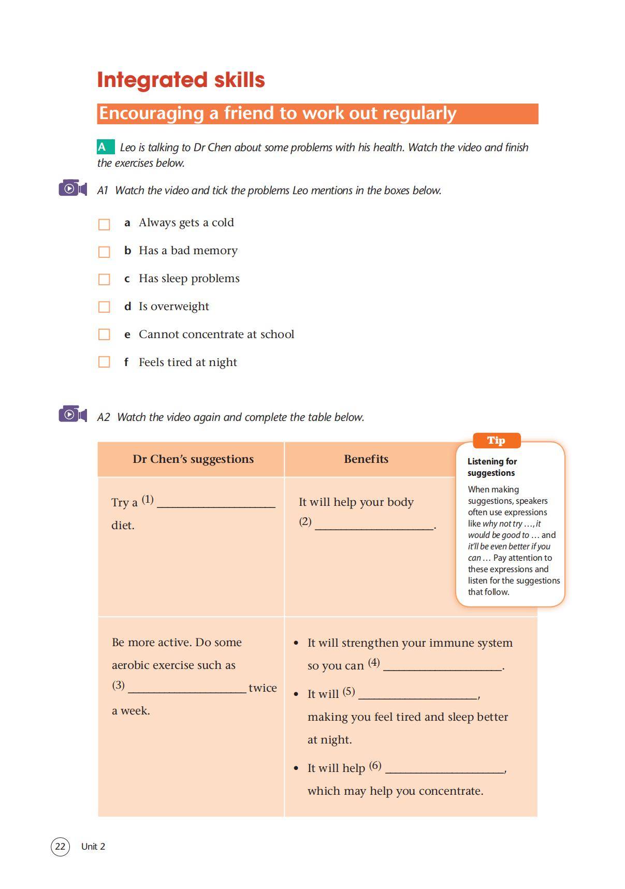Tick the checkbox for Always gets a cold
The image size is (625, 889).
click(x=104, y=224)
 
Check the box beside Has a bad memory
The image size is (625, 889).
click(x=104, y=252)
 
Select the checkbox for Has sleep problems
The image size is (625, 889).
click(x=104, y=280)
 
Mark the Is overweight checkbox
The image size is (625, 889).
click(x=104, y=307)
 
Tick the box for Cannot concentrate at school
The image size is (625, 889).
click(x=104, y=334)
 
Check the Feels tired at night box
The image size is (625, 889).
click(x=104, y=362)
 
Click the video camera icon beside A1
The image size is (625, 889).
click(x=72, y=188)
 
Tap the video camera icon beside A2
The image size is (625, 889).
click(x=72, y=414)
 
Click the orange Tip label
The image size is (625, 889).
click(x=496, y=441)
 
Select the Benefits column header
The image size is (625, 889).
click(x=366, y=459)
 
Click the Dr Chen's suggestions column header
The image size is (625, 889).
click(x=193, y=459)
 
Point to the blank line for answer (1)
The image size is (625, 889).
click(x=216, y=505)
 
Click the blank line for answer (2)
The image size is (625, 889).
click(x=374, y=527)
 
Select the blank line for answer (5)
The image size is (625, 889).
click(x=417, y=696)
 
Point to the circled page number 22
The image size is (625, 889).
click(x=60, y=847)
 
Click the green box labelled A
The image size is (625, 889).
click(x=105, y=147)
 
